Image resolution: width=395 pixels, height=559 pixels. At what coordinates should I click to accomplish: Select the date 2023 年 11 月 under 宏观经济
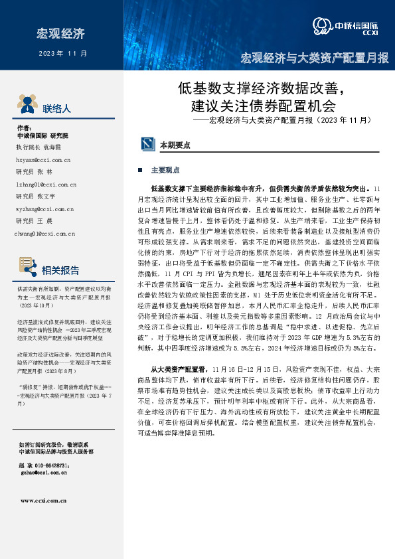[63, 52]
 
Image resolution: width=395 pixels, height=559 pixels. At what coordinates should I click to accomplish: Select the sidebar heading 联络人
[56, 108]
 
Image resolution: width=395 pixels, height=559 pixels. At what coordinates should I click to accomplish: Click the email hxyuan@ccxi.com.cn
[43, 160]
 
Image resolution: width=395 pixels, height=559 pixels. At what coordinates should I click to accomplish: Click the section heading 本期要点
[175, 144]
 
